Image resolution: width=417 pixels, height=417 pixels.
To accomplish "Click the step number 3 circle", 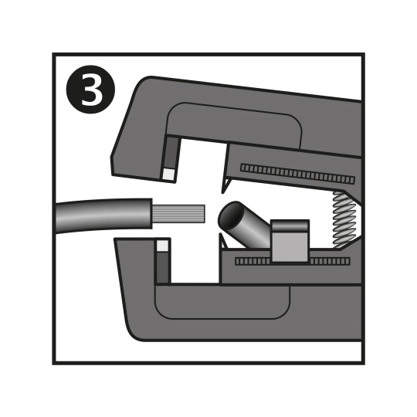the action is coord(90,90).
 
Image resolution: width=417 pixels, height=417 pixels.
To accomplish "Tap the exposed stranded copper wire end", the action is coord(178,214).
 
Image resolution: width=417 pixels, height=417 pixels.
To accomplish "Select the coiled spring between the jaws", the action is coord(344,219).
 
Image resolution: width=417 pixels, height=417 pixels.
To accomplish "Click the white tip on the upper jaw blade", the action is coord(168,175).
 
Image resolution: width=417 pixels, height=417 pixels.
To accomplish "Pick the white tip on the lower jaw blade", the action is coord(162,246).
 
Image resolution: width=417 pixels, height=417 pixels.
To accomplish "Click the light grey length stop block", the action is coord(290,241).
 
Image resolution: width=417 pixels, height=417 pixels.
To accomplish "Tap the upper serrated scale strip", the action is coord(297,174).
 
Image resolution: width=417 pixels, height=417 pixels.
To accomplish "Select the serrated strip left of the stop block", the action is coord(253,261).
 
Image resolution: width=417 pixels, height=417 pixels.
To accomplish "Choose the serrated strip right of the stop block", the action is coord(330,261).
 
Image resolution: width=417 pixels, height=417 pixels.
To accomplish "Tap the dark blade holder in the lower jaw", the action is coord(162,267).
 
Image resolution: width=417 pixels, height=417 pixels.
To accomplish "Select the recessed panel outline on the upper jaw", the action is coord(234,107).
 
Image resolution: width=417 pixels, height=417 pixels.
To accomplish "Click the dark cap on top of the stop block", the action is coord(290,225).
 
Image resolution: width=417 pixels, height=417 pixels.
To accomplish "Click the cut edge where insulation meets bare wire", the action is coord(152,214).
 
